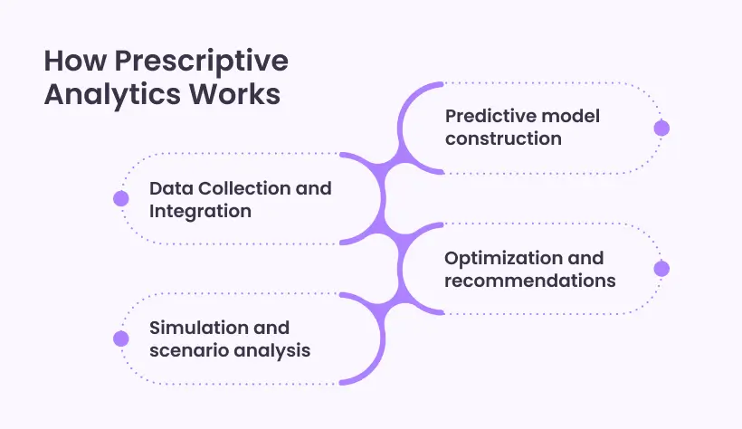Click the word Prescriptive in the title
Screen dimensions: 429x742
200,62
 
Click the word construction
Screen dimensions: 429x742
503,138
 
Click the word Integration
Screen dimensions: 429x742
200,211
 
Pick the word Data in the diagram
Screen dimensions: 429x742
169,188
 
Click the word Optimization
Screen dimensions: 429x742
500,258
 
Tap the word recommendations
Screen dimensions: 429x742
529,280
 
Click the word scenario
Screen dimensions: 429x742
186,349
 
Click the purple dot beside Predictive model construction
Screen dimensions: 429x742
661,129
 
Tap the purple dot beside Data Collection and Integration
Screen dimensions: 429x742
120,199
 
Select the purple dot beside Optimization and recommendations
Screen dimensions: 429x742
661,269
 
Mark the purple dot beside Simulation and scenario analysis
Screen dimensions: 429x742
120,338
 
